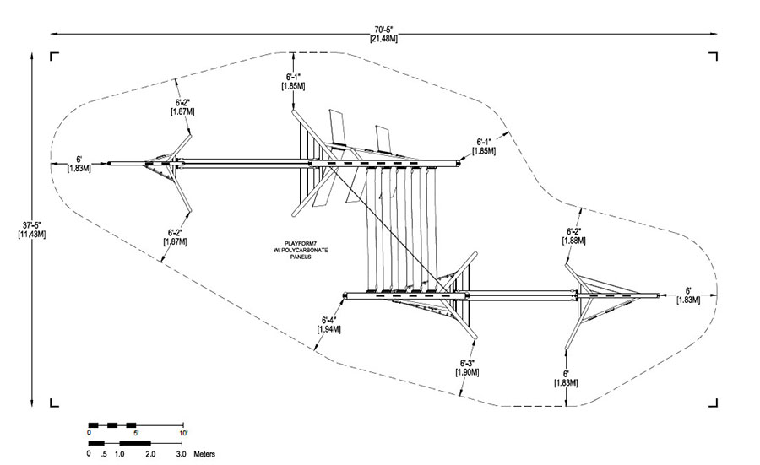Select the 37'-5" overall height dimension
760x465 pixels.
pos(32,230)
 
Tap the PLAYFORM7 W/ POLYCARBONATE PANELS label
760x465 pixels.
pos(301,250)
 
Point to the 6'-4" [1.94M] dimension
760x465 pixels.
pos(329,325)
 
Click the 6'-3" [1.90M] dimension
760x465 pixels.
pos(467,368)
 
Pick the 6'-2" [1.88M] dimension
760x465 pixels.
pos(574,236)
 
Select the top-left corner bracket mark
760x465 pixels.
pos(54,57)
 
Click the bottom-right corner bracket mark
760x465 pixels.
pos(713,403)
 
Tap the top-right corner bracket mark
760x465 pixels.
pos(713,57)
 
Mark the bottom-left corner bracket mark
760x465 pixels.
pos(54,403)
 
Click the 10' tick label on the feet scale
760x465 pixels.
pos(183,433)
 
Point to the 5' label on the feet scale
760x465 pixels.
pos(136,433)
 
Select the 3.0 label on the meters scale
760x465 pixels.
pos(181,454)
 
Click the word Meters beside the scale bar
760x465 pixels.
pos(204,454)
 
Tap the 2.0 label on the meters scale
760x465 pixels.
pos(150,454)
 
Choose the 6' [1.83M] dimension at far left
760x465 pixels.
pos(79,164)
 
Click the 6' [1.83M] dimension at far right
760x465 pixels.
pos(688,295)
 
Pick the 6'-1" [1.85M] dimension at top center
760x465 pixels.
pos(293,81)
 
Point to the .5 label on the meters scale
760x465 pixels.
pos(104,454)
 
